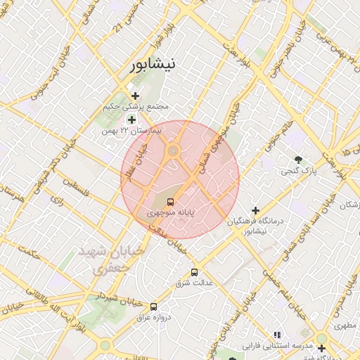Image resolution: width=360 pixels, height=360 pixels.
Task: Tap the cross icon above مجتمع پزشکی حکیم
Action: [x=135, y=95]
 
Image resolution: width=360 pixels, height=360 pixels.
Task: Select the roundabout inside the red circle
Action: [x=172, y=150]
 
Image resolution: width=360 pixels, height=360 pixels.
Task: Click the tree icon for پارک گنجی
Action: [x=299, y=160]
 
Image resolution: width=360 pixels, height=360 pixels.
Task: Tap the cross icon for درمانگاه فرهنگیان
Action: [x=255, y=210]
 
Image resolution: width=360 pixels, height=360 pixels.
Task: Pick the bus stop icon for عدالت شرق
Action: [x=194, y=272]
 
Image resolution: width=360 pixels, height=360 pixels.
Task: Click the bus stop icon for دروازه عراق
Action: [x=153, y=307]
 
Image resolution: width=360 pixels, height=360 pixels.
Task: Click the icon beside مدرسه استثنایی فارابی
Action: [x=277, y=335]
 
